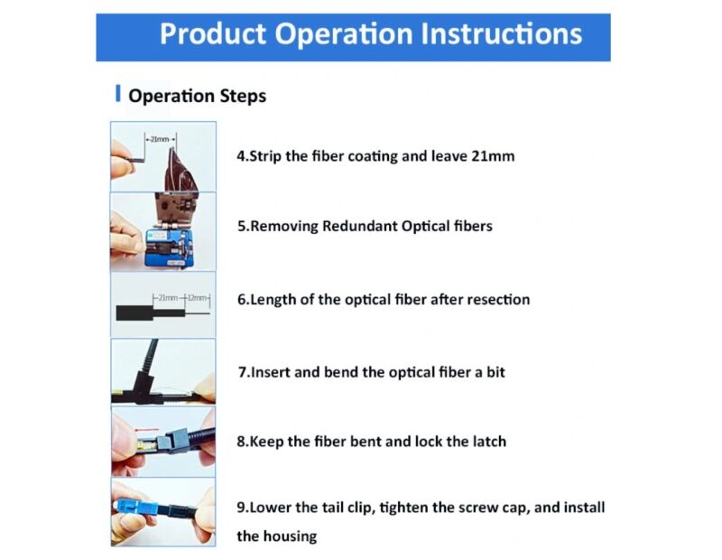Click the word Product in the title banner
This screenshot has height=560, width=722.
pyautogui.click(x=213, y=34)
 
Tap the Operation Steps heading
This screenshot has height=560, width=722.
pyautogui.click(x=197, y=96)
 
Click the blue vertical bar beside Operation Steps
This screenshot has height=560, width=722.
pyautogui.click(x=118, y=93)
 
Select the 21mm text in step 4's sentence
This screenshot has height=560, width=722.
pyautogui.click(x=493, y=155)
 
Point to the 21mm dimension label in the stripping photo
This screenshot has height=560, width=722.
pyautogui.click(x=160, y=139)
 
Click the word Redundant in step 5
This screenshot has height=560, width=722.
pyautogui.click(x=359, y=226)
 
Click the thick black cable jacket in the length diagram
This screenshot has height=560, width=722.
pyautogui.click(x=134, y=313)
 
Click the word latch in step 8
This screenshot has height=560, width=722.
pyautogui.click(x=488, y=441)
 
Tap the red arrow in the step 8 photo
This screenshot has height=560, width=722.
pyautogui.click(x=146, y=430)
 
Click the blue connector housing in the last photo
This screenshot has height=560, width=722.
pyautogui.click(x=137, y=509)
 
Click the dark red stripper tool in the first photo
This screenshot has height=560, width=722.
pyautogui.click(x=181, y=172)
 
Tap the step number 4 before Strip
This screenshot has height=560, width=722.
pyautogui.click(x=241, y=155)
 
